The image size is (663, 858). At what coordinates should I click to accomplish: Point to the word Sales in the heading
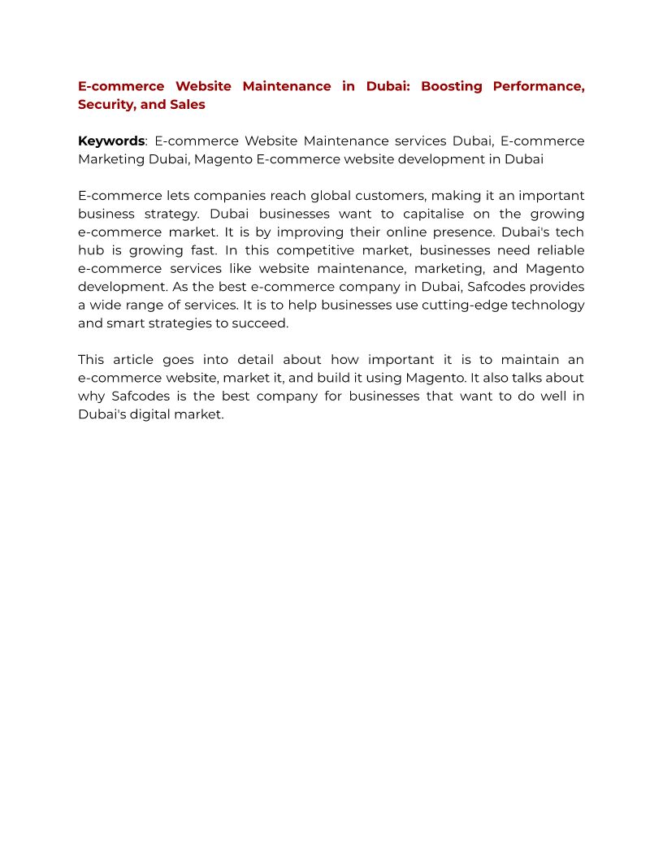click(x=188, y=104)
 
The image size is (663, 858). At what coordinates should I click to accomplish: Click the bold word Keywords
click(x=111, y=141)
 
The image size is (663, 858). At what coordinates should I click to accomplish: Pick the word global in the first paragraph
click(x=331, y=196)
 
